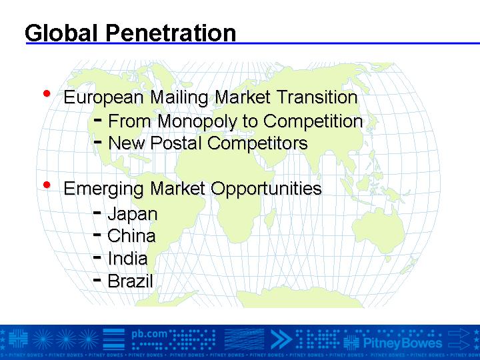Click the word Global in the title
[x=61, y=33]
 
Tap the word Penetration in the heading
[x=171, y=33]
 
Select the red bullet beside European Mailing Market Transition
[x=47, y=93]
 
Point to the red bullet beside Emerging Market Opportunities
[x=47, y=185]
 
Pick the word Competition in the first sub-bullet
[x=313, y=121]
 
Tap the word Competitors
[x=257, y=143]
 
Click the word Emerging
[x=103, y=189]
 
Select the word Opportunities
[x=266, y=189]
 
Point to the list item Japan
[x=133, y=214]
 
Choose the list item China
[x=131, y=236]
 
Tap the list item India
[x=127, y=259]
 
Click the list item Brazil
[x=130, y=281]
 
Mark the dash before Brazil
[x=97, y=279]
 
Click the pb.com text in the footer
[x=149, y=334]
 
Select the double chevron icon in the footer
[x=281, y=339]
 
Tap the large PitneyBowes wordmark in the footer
[x=402, y=343]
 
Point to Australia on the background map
[x=379, y=229]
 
